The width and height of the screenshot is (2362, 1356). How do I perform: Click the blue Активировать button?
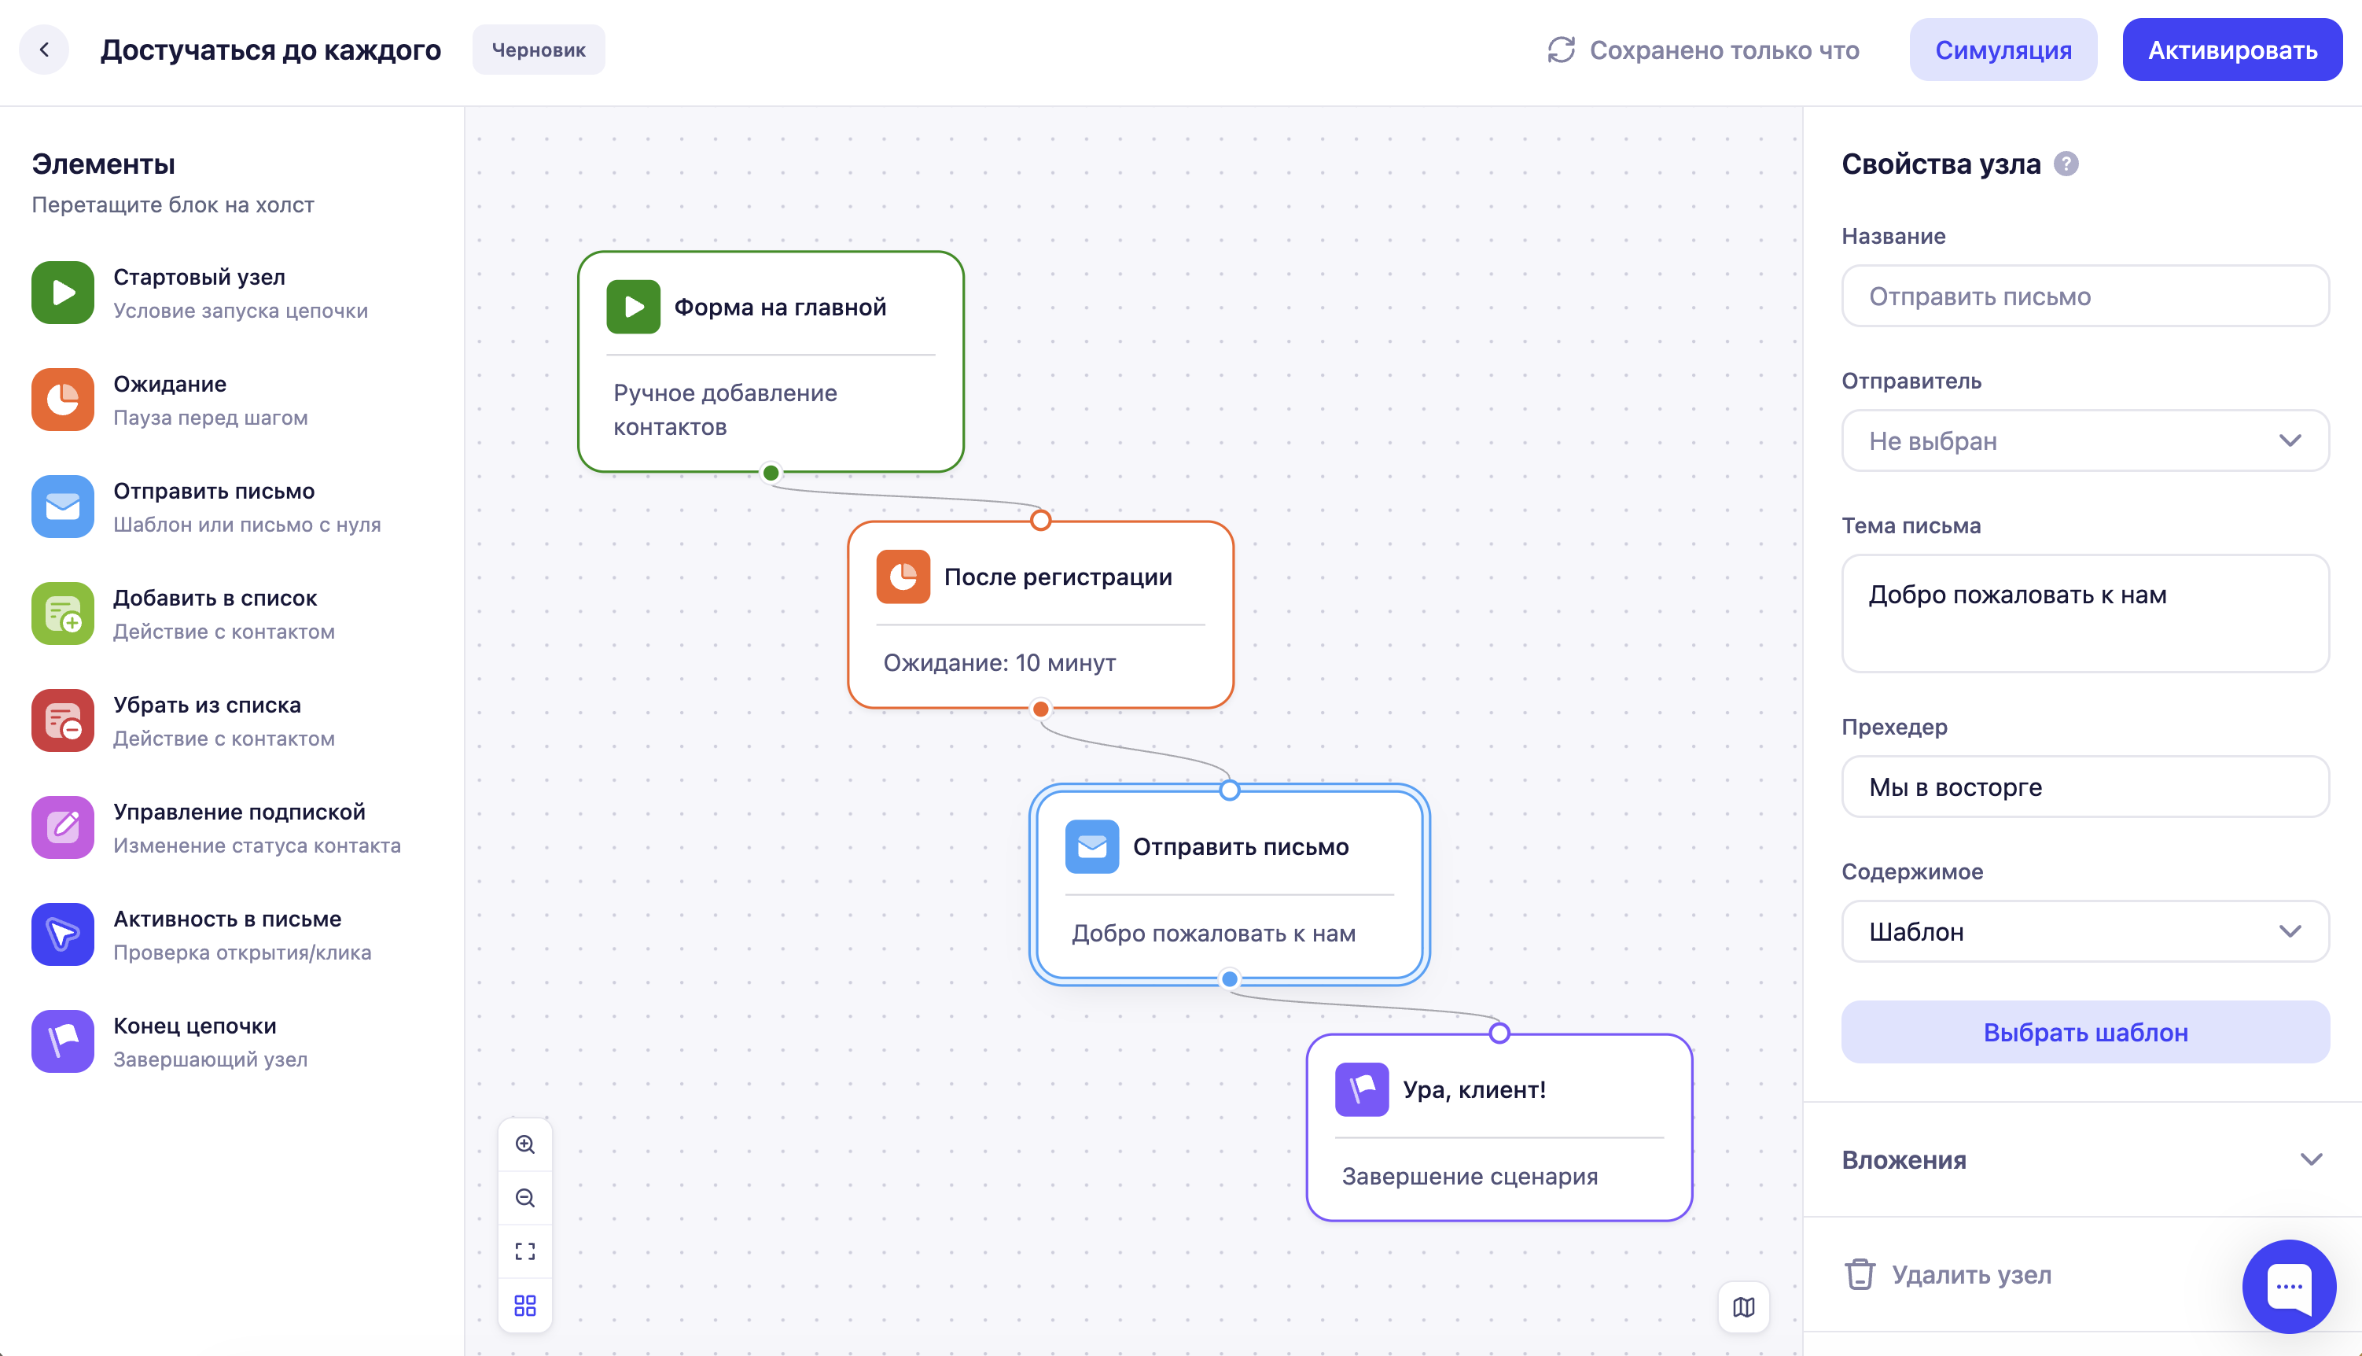(2231, 50)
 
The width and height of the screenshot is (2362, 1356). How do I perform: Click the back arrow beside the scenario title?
(44, 50)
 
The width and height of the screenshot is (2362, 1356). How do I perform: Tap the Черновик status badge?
(538, 50)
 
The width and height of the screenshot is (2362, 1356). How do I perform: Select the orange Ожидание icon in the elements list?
(62, 400)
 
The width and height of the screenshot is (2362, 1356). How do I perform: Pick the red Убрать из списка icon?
(62, 720)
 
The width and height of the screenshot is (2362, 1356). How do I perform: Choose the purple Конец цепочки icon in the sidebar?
(62, 1041)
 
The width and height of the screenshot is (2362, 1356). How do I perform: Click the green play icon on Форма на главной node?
(633, 308)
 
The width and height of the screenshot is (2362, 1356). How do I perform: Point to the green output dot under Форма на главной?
(771, 473)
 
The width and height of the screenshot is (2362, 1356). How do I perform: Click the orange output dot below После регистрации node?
(1041, 709)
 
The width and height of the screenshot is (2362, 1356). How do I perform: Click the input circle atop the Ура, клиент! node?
(1499, 1033)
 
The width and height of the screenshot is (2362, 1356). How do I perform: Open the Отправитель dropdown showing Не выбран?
(2085, 441)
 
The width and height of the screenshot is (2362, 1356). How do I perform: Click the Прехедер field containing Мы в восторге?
(2085, 787)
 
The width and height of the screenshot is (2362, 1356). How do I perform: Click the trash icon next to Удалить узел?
(1860, 1274)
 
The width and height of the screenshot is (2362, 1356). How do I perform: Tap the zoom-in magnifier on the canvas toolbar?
(525, 1144)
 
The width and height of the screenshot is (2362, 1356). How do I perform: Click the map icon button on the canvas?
(1744, 1307)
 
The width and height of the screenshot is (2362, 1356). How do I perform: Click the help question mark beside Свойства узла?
(2066, 164)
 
